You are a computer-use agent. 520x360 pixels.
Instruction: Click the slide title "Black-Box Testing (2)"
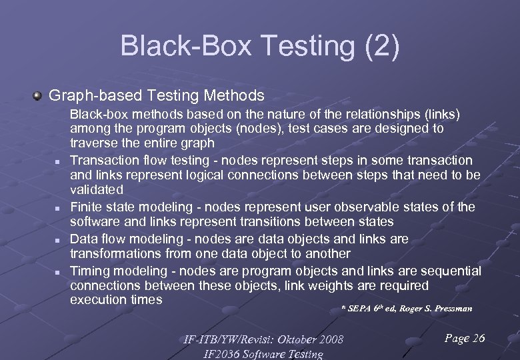tap(260, 46)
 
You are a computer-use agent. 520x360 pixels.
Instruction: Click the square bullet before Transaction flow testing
tap(59, 162)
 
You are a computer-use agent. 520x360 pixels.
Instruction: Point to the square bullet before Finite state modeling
tap(59, 209)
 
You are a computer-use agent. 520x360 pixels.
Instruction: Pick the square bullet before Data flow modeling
tap(59, 240)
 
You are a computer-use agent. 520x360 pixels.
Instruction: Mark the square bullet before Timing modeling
tap(59, 272)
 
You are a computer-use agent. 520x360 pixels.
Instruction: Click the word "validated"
tap(97, 190)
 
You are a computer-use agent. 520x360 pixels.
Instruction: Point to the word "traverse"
tap(94, 143)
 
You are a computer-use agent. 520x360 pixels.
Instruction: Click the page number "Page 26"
tap(464, 339)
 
